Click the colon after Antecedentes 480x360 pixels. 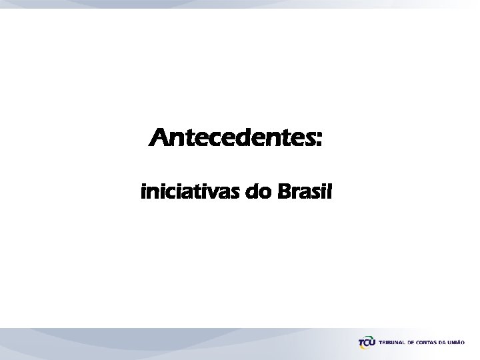pos(318,141)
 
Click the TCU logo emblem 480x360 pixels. pos(367,343)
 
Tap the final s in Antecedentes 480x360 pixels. pos(309,141)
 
